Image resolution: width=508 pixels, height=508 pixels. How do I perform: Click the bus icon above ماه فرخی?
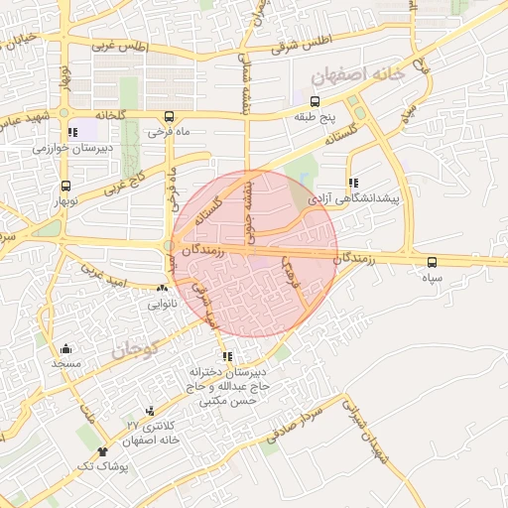tap(169, 114)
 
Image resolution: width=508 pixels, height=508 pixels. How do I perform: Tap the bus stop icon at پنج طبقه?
tap(315, 101)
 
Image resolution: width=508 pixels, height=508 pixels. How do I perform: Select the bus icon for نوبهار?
tap(65, 186)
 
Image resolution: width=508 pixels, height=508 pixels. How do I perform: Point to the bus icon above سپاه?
tap(431, 262)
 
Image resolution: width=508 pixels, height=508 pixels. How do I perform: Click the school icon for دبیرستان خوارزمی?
tap(71, 132)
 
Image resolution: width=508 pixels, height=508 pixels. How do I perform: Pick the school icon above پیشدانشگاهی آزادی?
tap(353, 183)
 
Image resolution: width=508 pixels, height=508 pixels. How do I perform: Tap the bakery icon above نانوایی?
tap(162, 289)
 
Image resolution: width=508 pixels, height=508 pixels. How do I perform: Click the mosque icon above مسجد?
tap(65, 348)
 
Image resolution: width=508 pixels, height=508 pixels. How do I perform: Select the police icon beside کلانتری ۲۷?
tap(150, 411)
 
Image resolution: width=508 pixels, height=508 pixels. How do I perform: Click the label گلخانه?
tap(110, 115)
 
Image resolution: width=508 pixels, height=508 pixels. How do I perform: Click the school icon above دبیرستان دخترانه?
tap(227, 357)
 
